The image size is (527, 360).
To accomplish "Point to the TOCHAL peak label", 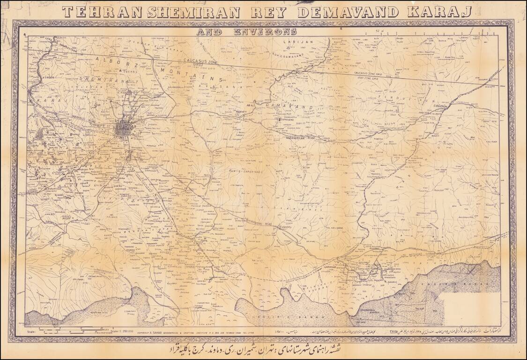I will pyautogui.click(x=127, y=72).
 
